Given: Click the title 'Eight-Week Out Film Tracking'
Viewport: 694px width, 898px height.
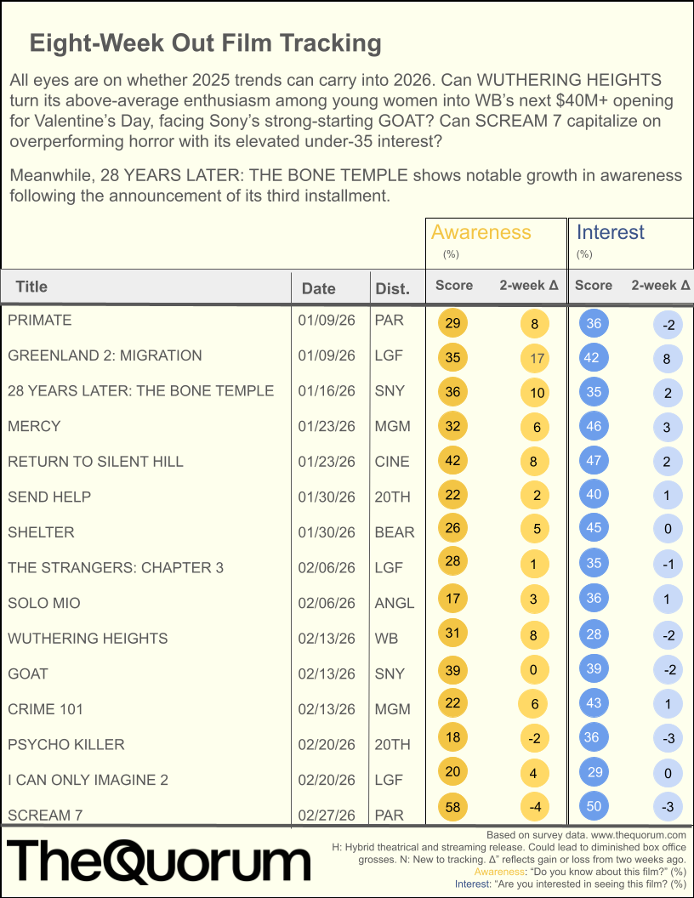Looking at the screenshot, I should click(205, 43).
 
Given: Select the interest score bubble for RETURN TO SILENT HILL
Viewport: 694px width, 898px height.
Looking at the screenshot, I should click(593, 462).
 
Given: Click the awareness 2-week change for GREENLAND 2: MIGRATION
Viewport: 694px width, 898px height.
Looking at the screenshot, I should click(536, 358).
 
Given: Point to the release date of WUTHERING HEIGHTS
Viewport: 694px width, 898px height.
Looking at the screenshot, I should click(327, 639).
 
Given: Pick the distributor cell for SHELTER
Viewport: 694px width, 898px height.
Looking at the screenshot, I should click(395, 532).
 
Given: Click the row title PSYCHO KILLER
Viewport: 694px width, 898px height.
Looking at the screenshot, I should click(66, 745).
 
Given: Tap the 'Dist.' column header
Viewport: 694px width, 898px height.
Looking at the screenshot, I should click(392, 288).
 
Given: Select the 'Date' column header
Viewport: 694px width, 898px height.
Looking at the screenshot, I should click(319, 288).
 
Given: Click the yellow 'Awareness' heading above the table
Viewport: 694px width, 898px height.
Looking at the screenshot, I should click(481, 232).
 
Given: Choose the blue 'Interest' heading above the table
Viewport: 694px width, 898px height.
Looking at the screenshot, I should click(611, 232).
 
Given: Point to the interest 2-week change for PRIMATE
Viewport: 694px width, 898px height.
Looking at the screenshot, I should click(668, 324).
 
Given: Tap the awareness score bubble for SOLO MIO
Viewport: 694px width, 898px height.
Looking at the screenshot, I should click(452, 599).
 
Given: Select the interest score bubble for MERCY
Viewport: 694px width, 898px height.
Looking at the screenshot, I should click(593, 426).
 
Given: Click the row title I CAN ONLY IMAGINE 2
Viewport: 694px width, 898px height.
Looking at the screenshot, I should click(88, 780).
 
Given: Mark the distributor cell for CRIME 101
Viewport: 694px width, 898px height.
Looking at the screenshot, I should click(392, 709).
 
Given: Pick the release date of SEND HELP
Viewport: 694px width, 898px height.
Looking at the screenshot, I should click(327, 497).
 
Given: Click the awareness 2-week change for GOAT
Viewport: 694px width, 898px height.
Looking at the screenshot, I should click(534, 670).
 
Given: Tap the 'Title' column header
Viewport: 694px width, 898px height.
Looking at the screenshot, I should click(31, 287).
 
